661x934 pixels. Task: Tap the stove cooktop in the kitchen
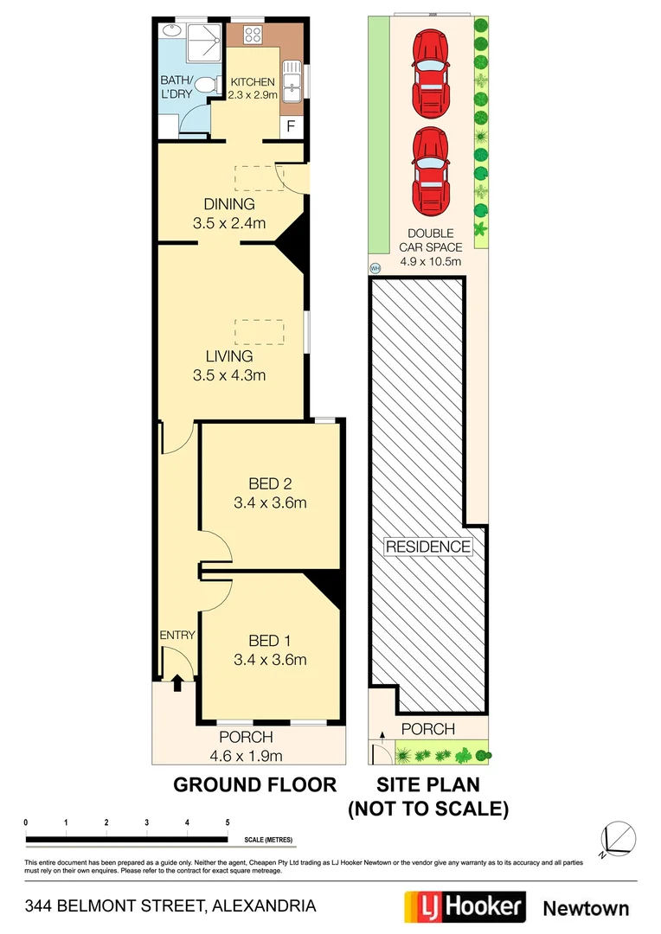pyautogui.click(x=253, y=35)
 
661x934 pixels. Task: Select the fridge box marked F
pyautogui.click(x=291, y=126)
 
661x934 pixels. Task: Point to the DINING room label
pyautogui.click(x=229, y=205)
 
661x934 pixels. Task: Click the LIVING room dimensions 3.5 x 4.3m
pyautogui.click(x=229, y=375)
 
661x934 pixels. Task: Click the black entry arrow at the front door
pyautogui.click(x=177, y=683)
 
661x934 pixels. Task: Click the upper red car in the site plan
pyautogui.click(x=430, y=73)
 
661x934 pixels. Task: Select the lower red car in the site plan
pyautogui.click(x=430, y=170)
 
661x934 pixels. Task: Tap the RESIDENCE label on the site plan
pyautogui.click(x=428, y=547)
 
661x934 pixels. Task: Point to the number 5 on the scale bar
pyautogui.click(x=227, y=822)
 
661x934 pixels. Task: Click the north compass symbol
pyautogui.click(x=619, y=837)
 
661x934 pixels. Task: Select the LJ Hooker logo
pyautogui.click(x=465, y=907)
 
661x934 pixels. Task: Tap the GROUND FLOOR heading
pyautogui.click(x=254, y=785)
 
